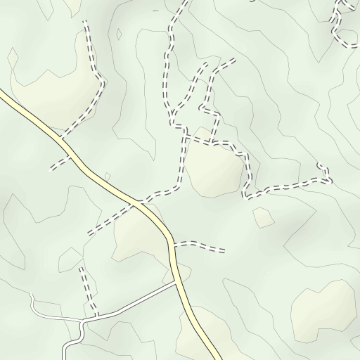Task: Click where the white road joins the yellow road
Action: (x=176, y=283)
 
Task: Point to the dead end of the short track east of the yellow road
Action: (x=224, y=250)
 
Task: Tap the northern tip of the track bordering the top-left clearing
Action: (x=85, y=22)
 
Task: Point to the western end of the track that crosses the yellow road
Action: (x=89, y=233)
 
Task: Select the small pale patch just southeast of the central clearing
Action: (x=263, y=217)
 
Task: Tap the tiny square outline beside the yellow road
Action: (x=107, y=176)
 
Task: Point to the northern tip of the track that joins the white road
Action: (x=81, y=267)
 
